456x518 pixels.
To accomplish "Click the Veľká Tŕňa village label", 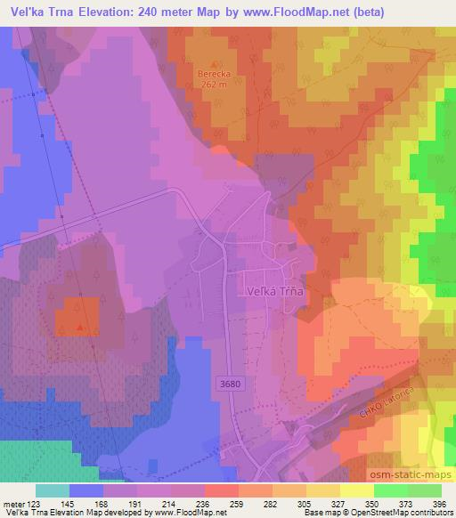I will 276,288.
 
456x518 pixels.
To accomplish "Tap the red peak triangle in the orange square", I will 80,327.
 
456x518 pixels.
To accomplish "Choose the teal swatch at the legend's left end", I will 53,490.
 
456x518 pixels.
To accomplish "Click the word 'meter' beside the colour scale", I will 12,504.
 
